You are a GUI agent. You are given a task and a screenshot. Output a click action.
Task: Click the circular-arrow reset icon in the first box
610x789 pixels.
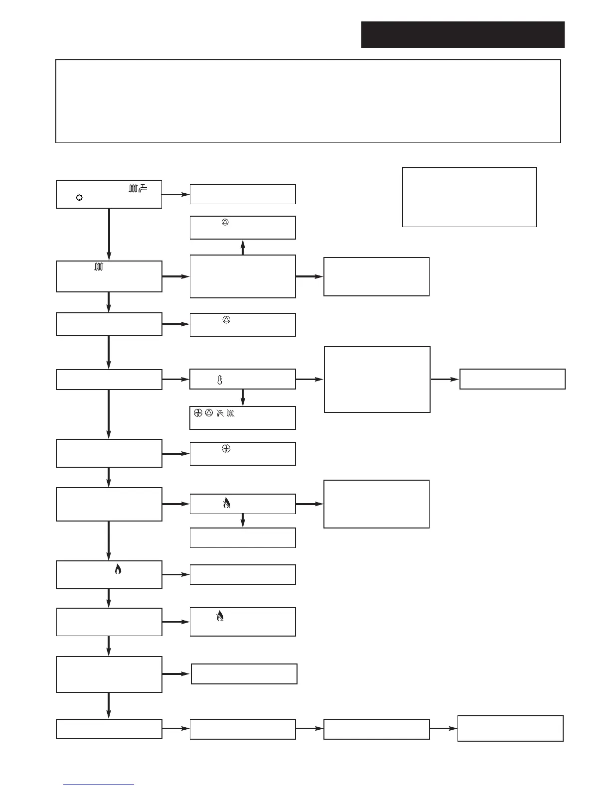click(x=79, y=198)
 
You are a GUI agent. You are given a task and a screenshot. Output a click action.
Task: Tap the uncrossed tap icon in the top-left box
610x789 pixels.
click(x=143, y=188)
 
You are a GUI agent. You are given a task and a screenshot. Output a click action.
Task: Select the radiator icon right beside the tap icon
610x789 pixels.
click(x=133, y=188)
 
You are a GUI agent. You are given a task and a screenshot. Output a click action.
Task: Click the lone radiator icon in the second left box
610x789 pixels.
click(x=99, y=267)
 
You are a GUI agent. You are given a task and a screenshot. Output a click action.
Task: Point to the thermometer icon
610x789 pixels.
click(x=219, y=380)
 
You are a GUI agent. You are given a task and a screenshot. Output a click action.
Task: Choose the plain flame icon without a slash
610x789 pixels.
click(x=118, y=569)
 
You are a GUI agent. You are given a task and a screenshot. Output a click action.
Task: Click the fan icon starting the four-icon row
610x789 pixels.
click(x=198, y=413)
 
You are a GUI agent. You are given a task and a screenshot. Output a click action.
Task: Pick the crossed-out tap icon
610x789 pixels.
click(x=220, y=413)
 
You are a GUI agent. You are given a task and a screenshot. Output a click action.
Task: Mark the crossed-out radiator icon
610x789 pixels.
click(x=231, y=413)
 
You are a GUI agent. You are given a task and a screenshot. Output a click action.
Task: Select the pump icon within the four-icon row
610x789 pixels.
click(x=209, y=413)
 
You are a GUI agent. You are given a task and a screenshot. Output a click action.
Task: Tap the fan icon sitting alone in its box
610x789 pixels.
click(x=226, y=449)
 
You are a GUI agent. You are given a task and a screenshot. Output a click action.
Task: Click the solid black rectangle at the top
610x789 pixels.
click(x=462, y=34)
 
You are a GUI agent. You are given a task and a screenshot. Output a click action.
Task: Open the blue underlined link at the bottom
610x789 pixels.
click(x=99, y=785)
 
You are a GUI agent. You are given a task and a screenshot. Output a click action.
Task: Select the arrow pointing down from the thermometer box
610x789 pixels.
click(x=243, y=397)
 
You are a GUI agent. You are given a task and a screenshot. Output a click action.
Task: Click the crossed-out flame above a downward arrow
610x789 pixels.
click(x=226, y=504)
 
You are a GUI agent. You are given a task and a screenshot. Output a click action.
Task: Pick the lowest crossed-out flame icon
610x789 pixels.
click(x=220, y=616)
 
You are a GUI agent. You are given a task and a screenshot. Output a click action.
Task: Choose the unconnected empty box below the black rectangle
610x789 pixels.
click(x=469, y=197)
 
